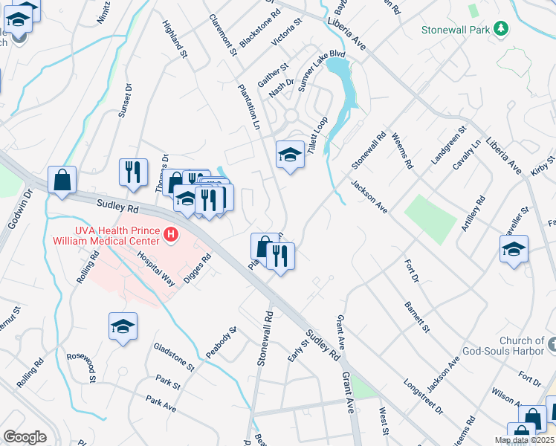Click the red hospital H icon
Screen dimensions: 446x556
pyautogui.click(x=172, y=235)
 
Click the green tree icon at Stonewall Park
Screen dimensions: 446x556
pyautogui.click(x=502, y=29)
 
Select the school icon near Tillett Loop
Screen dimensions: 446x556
pyautogui.click(x=290, y=155)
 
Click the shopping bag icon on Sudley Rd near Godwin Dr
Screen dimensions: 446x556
pyautogui.click(x=62, y=180)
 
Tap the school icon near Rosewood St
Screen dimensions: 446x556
pyautogui.click(x=123, y=326)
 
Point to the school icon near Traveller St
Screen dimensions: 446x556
pyautogui.click(x=514, y=250)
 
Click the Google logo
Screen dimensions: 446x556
pyautogui.click(x=25, y=436)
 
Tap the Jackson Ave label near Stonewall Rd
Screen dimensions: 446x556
pyautogui.click(x=369, y=197)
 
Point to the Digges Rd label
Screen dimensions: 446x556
pyautogui.click(x=198, y=264)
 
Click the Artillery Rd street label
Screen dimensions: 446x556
pyautogui.click(x=473, y=213)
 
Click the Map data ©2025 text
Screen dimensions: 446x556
pyautogui.click(x=524, y=440)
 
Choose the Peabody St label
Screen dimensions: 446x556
pyautogui.click(x=221, y=342)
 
